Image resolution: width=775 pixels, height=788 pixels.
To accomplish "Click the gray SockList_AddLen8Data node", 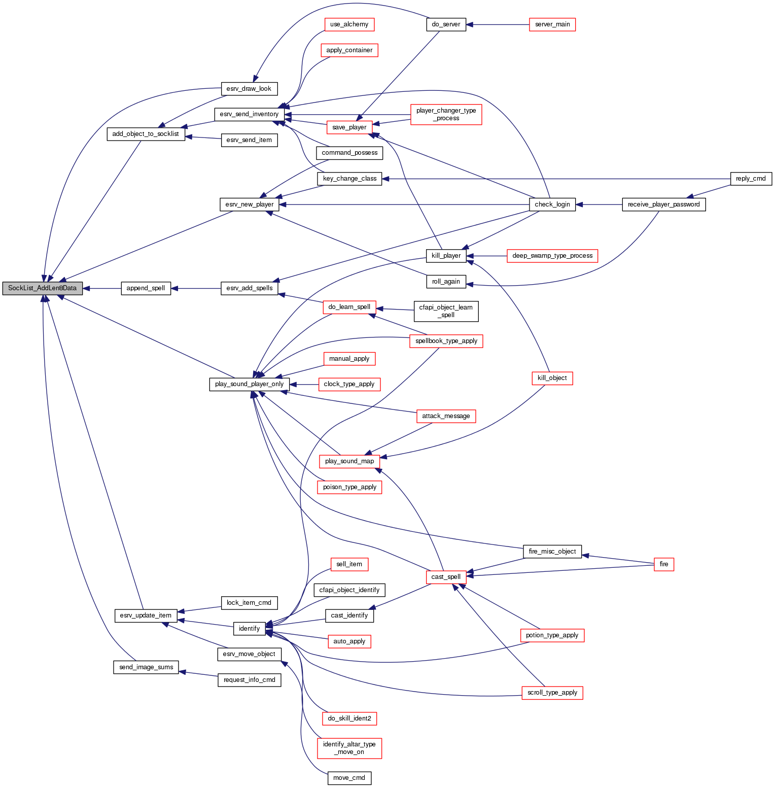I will click(42, 288).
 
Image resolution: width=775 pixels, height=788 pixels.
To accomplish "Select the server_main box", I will click(552, 24).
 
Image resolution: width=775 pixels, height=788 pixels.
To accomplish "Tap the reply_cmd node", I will click(751, 179).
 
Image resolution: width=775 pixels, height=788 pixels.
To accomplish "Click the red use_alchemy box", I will click(349, 24).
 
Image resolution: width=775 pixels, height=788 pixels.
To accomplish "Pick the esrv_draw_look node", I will click(249, 89).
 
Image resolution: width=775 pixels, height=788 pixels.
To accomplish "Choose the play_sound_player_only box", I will click(249, 384).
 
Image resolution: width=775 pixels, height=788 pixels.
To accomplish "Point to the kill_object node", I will click(552, 378).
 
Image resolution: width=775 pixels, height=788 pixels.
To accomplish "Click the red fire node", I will click(663, 564).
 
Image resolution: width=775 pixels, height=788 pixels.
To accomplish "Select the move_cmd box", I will click(349, 778).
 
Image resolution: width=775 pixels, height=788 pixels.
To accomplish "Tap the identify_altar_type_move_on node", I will click(349, 748).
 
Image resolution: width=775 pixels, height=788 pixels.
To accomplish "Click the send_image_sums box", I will click(146, 667).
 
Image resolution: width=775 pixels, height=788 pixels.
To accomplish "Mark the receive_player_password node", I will click(663, 204).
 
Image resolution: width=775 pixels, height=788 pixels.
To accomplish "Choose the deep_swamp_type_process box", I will click(552, 256).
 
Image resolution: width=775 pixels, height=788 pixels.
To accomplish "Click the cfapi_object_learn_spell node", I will click(446, 311).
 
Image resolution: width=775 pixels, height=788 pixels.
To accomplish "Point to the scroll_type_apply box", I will click(552, 693).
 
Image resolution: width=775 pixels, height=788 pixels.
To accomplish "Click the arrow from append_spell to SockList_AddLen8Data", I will click(101, 288).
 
